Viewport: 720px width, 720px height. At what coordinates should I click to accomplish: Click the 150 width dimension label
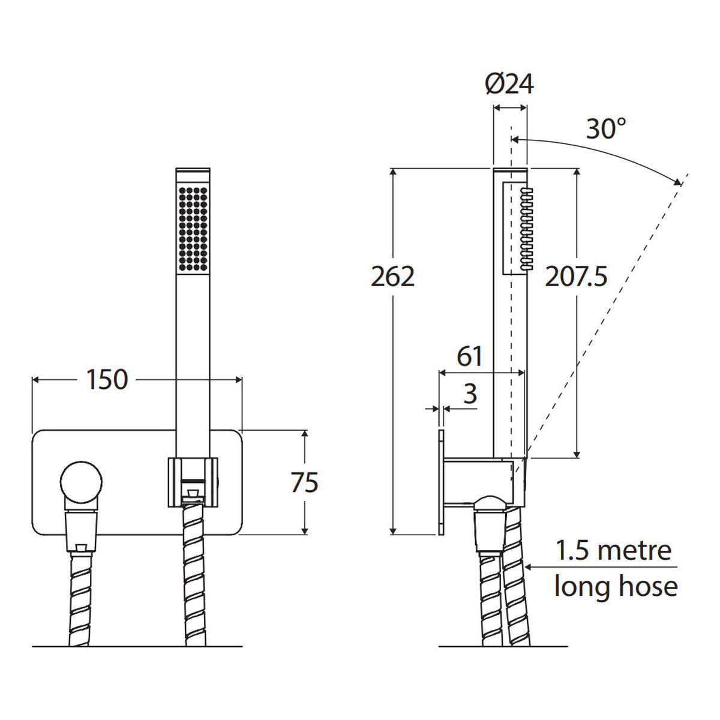tap(107, 380)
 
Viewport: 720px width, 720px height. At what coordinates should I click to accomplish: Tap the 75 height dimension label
tap(305, 482)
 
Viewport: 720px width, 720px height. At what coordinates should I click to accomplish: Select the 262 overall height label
tap(392, 277)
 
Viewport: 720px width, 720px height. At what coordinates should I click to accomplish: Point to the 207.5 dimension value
tap(576, 277)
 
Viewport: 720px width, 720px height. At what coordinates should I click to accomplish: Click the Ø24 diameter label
tap(509, 84)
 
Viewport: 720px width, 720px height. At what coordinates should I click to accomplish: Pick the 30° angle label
tap(605, 128)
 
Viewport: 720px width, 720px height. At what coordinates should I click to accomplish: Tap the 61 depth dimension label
tap(470, 356)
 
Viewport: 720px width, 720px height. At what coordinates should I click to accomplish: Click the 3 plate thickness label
tap(470, 394)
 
